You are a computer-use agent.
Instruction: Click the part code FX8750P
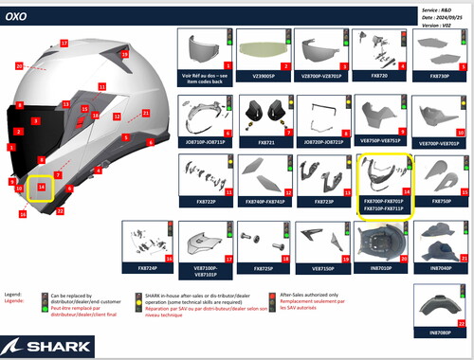click(441, 202)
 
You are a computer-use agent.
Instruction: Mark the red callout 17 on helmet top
click(64, 44)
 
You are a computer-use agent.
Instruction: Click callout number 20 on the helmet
click(19, 66)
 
